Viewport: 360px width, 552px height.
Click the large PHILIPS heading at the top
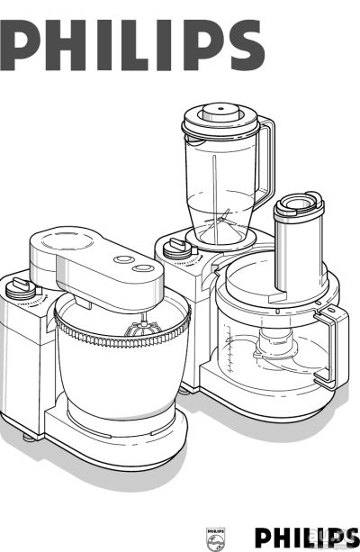point(132,45)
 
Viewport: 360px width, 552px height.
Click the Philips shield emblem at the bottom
point(215,538)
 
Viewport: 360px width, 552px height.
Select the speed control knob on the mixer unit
point(21,289)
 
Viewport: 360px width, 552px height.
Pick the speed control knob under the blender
point(177,249)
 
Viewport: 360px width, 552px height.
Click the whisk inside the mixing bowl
point(143,328)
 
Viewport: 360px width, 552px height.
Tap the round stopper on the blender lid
point(220,113)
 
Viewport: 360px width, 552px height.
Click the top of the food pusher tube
point(299,204)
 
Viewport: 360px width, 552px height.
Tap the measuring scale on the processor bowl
point(229,348)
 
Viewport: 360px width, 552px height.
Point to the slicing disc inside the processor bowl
point(282,355)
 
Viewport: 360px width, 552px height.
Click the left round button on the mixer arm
point(124,259)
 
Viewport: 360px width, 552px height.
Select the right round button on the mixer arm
point(143,268)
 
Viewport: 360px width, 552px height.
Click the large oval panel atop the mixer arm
point(67,240)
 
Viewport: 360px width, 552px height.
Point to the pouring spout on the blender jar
point(194,139)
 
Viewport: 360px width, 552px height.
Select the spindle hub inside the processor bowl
point(274,343)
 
